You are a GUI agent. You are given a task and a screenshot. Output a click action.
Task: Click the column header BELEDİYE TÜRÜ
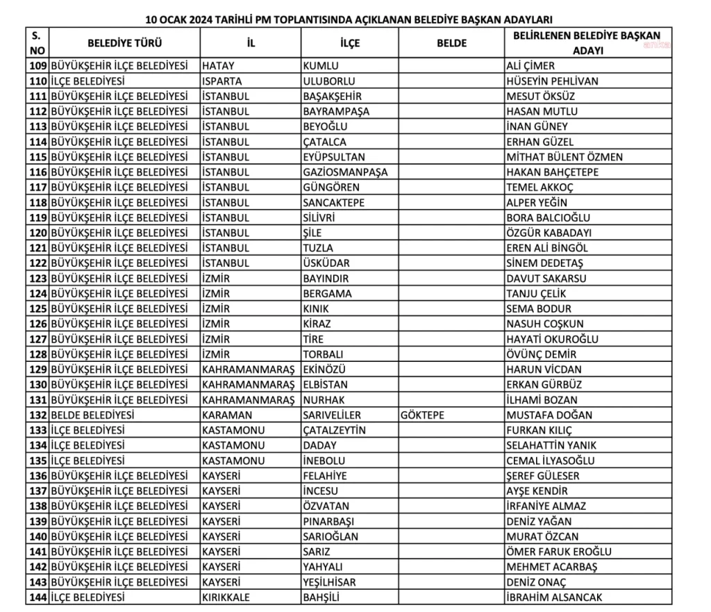(125, 43)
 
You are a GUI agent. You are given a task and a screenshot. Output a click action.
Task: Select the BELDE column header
(451, 43)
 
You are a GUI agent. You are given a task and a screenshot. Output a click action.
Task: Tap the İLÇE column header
(350, 43)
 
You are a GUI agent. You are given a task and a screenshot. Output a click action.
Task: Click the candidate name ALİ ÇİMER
(530, 66)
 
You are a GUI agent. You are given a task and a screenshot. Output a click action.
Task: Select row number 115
(38, 157)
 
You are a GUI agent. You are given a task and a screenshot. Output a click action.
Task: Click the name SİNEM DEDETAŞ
(544, 263)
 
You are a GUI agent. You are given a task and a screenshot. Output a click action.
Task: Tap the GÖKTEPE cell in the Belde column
(422, 415)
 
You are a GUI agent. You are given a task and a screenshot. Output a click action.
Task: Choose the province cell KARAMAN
(227, 415)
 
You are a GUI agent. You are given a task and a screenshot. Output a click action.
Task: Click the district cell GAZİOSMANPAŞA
(345, 172)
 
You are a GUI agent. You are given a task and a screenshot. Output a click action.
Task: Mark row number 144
(38, 597)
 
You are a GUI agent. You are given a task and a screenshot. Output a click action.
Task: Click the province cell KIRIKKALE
(229, 597)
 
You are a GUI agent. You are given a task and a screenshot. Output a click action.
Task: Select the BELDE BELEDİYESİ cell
(92, 415)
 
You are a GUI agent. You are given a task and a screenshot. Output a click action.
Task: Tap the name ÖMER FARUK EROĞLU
(559, 552)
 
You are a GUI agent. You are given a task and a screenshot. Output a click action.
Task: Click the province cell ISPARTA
(222, 81)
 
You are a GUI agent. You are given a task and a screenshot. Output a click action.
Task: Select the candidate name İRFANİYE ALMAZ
(546, 506)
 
